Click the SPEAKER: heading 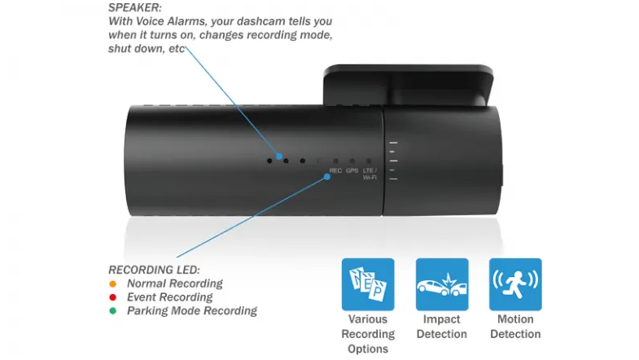tap(135, 7)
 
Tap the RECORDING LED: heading tap(154, 270)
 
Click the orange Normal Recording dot tap(113, 283)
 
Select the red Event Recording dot tap(113, 297)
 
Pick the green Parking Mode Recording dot tap(113, 310)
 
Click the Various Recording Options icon tap(368, 284)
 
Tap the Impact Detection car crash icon tap(442, 284)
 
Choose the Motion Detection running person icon tap(515, 284)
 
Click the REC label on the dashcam tap(335, 170)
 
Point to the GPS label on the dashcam tap(352, 170)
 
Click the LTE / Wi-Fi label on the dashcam tap(370, 174)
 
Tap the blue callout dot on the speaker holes tap(279, 156)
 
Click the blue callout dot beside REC tap(327, 177)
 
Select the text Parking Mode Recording tap(192, 310)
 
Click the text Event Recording tap(170, 297)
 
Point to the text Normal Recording tap(175, 283)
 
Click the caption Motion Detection tap(515, 327)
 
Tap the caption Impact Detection tap(442, 327)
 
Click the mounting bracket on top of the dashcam tap(409, 85)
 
